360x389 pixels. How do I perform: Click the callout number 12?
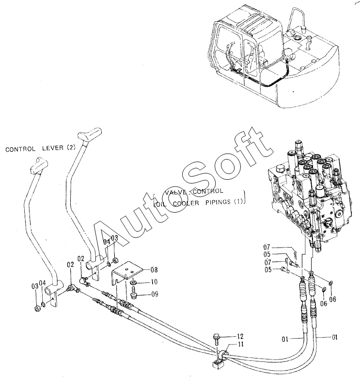pos(240,336)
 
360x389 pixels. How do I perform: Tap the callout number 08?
pos(154,269)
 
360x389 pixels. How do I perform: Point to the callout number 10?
pos(154,281)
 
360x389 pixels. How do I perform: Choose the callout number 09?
pos(154,293)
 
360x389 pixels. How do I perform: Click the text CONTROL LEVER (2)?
pos(41,149)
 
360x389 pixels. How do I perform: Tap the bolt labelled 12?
pos(216,338)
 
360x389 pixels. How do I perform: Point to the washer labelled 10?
pos(133,281)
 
